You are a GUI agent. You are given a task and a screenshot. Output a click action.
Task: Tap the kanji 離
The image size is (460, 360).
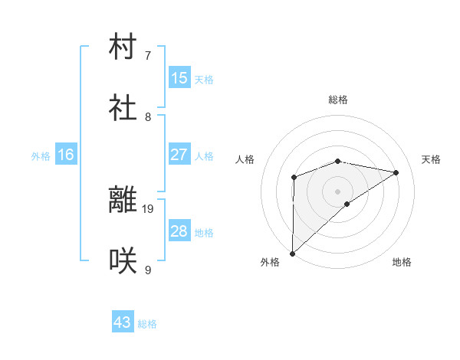pos(123,201)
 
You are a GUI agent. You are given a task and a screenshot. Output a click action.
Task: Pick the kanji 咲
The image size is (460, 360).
pos(123,261)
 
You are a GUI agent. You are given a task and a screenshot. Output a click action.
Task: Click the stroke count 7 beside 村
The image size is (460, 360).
pos(148,55)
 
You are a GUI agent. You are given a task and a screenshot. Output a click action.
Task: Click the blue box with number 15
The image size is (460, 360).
pos(179,78)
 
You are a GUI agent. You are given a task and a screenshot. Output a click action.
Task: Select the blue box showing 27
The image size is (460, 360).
pos(179,155)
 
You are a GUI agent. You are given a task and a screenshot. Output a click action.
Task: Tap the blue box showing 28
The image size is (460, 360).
pos(179,231)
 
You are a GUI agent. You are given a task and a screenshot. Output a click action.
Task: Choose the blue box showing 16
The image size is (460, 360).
pos(66,155)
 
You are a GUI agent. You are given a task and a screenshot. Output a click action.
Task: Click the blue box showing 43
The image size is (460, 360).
pos(123,322)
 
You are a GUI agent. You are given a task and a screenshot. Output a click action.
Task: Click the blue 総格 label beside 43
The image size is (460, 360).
pos(147,324)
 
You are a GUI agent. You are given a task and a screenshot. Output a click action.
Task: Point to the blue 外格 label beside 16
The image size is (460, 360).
pos(41,156)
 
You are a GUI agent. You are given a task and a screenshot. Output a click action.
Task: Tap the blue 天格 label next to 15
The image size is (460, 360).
pos(204,80)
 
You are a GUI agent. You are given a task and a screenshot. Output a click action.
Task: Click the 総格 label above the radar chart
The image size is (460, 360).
pos(338,100)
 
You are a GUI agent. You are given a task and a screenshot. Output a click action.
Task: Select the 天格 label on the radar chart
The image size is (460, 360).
pos(431,159)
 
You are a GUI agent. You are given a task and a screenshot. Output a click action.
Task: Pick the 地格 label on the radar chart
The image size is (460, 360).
pos(402,263)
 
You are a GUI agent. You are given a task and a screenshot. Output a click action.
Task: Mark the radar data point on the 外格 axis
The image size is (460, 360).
pos(292,253)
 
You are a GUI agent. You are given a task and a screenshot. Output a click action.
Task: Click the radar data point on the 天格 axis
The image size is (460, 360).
pos(396,172)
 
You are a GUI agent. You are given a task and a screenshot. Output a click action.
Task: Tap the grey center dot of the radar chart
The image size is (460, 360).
pos(338,191)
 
